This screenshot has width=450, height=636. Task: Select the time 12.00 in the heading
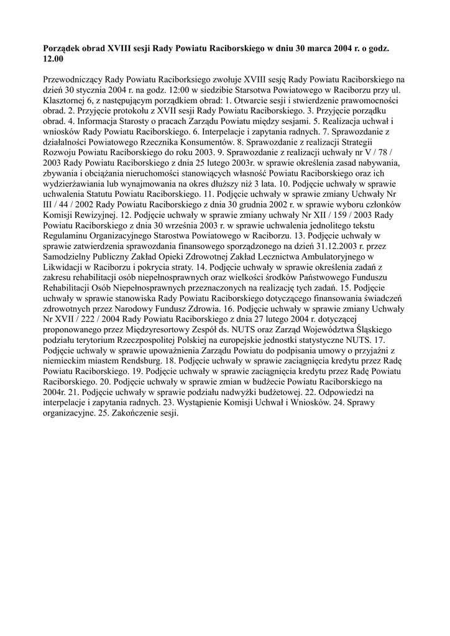(53, 58)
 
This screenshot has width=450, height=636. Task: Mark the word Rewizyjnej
(103, 217)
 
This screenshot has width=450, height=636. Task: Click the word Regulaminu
(68, 238)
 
